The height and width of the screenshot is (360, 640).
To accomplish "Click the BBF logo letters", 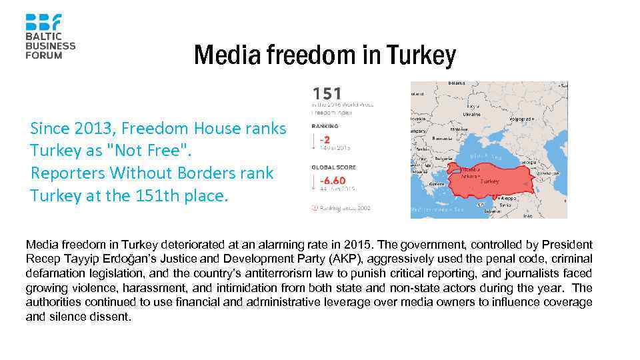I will (x=43, y=22).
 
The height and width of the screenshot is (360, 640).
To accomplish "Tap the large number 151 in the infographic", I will (x=327, y=93).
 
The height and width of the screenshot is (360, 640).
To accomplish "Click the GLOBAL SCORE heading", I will (x=333, y=167).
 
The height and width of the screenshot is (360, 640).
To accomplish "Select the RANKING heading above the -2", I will (x=325, y=126).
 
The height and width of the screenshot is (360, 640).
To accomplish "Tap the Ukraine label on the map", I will (x=472, y=114).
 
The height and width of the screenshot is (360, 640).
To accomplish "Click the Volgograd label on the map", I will (x=521, y=119).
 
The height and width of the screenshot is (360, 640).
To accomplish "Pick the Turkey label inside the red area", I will (x=489, y=181).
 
